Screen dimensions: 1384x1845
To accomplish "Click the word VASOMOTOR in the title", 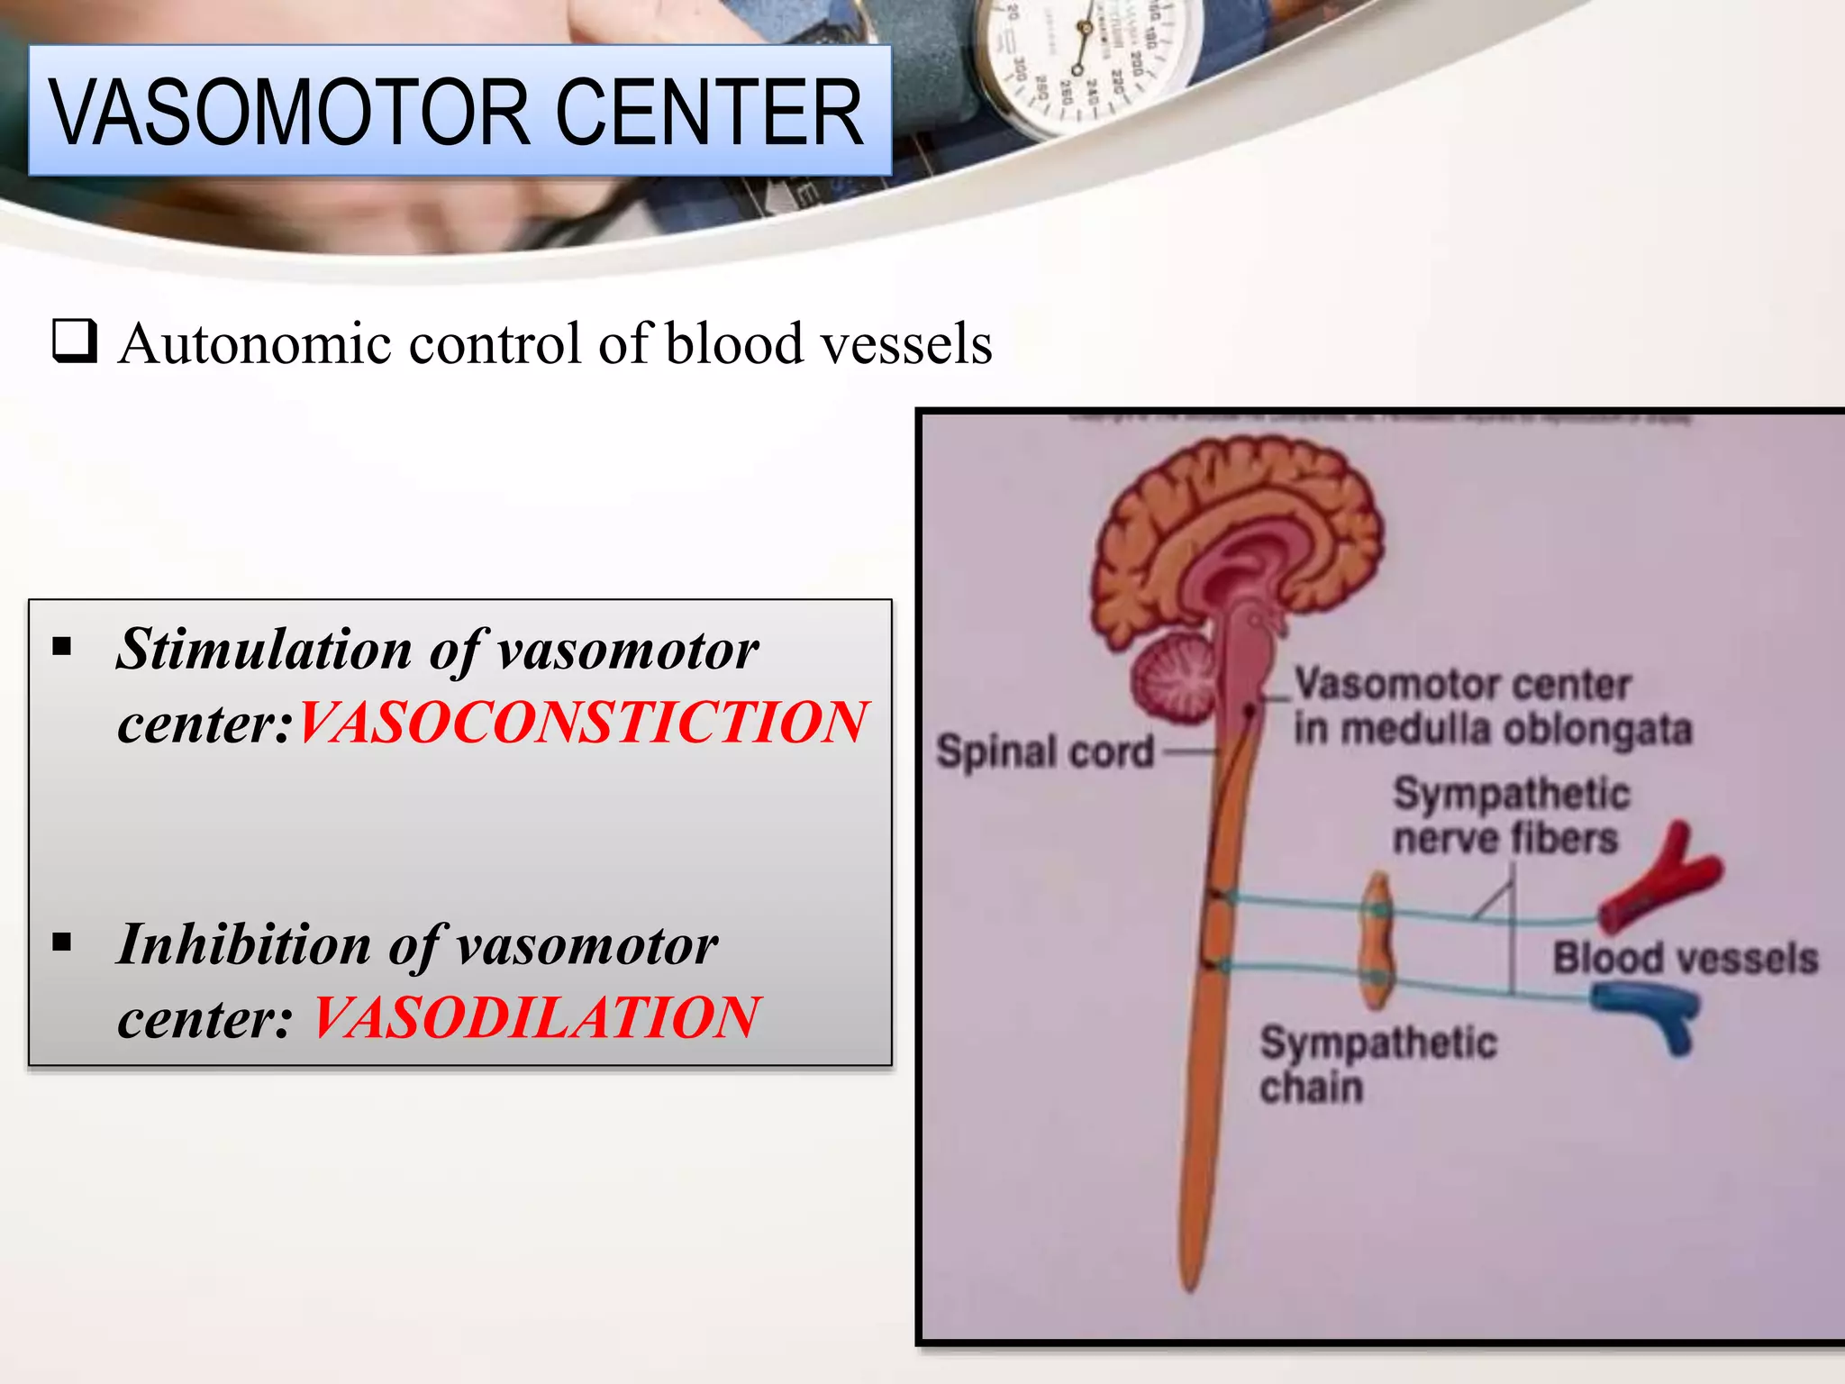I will point(288,113).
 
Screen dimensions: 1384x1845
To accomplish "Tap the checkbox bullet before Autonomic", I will point(74,341).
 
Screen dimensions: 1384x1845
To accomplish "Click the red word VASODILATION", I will point(537,1018).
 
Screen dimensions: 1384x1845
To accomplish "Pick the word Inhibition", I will point(244,945).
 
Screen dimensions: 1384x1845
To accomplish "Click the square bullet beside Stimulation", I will point(62,646).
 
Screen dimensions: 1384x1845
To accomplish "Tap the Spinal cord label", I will point(1045,751).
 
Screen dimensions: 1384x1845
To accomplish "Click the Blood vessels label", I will point(1685,958).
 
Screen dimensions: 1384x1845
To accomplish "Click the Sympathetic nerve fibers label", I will point(1510,816).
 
